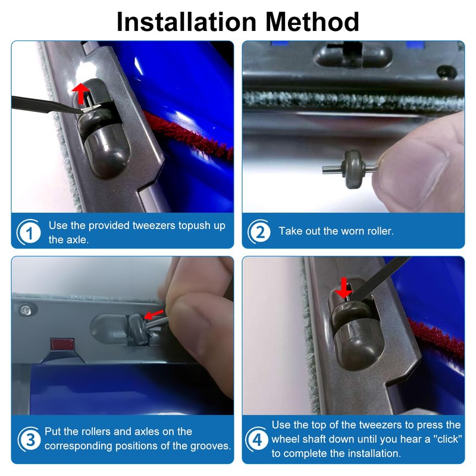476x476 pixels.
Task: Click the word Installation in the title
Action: tap(186, 21)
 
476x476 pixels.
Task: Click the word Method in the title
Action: tap(312, 21)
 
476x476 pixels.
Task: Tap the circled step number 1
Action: tap(29, 232)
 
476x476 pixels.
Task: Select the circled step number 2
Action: tap(259, 231)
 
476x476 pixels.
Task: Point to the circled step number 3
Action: tap(30, 439)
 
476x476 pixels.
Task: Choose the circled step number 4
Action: tap(257, 439)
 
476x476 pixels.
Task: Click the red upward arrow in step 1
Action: tap(80, 93)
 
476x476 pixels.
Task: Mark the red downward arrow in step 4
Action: tap(343, 288)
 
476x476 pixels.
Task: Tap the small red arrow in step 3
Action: tap(154, 315)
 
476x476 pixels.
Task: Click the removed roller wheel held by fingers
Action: tap(350, 168)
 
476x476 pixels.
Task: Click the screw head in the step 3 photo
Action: tap(26, 310)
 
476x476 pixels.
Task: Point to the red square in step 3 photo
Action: tap(62, 345)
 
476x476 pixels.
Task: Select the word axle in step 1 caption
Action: tap(79, 240)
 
